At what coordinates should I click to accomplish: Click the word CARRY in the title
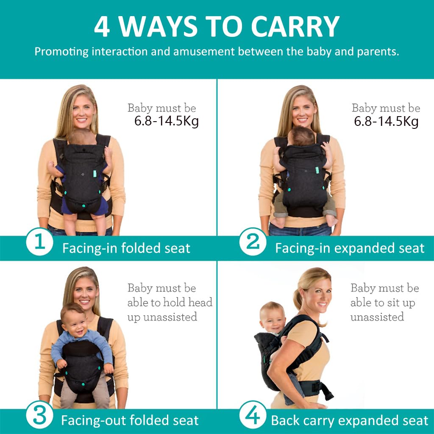pos(295,27)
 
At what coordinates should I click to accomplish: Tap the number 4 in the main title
pos(102,27)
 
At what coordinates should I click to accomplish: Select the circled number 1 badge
pos(39,243)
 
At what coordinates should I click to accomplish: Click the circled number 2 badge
pos(253,243)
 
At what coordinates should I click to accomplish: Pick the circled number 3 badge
pos(39,417)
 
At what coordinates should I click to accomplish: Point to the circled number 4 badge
pos(253,417)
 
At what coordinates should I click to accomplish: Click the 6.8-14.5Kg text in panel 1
pos(167,121)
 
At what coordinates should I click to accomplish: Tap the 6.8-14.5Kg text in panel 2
pos(386,121)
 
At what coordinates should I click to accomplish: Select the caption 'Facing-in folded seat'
pos(126,248)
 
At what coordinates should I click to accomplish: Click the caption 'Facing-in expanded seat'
pos(350,248)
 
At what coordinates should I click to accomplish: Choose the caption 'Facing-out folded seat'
pos(130,420)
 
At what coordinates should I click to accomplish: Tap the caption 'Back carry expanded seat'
pos(350,420)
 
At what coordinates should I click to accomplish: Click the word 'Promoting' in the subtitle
pos(62,52)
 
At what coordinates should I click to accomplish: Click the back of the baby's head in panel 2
pos(303,135)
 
